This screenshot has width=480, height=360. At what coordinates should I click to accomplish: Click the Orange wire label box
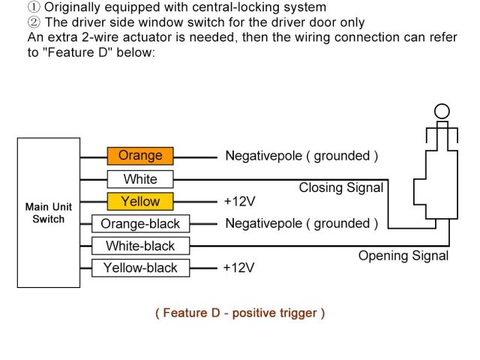click(x=140, y=156)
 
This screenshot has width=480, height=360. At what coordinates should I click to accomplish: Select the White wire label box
click(x=140, y=179)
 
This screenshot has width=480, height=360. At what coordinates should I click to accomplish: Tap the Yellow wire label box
click(x=140, y=201)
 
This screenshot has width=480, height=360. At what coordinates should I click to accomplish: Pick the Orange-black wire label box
click(x=140, y=223)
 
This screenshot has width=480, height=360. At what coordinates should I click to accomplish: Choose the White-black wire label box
click(x=140, y=246)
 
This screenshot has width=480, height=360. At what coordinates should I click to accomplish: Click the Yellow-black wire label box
click(x=140, y=268)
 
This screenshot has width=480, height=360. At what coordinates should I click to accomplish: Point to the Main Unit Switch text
click(x=45, y=213)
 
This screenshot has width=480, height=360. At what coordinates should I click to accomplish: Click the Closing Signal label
click(x=341, y=188)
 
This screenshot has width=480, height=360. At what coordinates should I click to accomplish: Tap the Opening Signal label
click(x=403, y=256)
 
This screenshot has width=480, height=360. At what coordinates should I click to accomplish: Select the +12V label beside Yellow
click(x=239, y=201)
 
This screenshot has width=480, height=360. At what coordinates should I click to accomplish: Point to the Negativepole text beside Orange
click(x=265, y=156)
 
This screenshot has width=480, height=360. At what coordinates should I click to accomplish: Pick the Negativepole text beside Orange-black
click(x=265, y=223)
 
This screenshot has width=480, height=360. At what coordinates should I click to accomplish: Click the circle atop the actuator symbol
click(x=442, y=111)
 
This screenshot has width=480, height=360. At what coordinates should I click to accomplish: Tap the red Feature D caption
click(x=240, y=313)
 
